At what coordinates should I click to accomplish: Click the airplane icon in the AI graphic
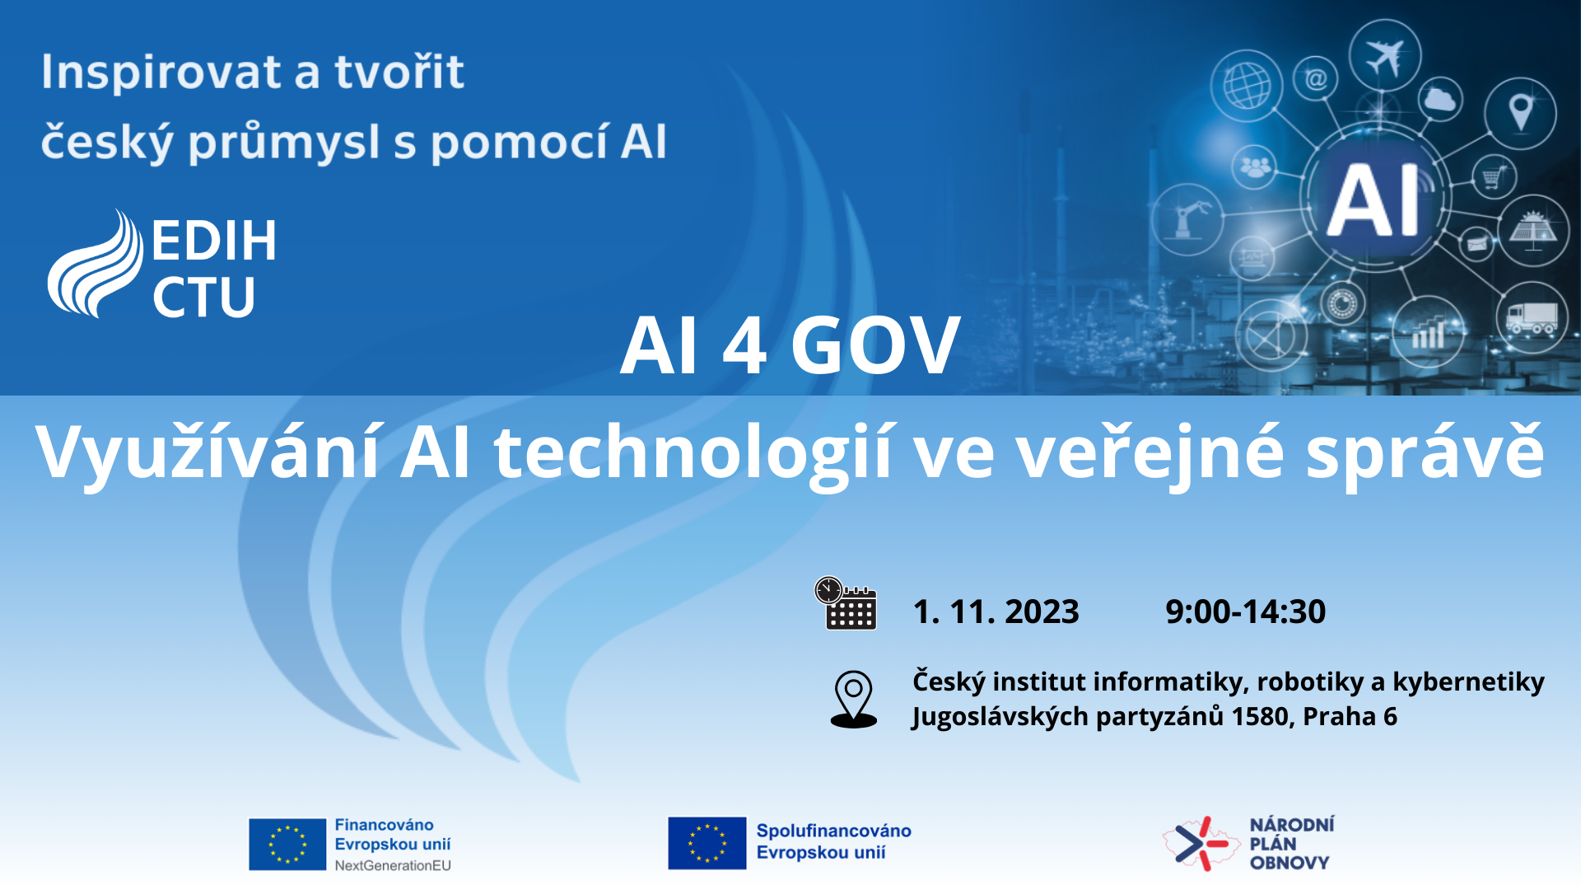(x=1384, y=57)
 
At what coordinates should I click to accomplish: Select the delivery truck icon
(x=1532, y=317)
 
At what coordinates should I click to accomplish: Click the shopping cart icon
(x=1494, y=176)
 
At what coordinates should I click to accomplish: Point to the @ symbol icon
(x=1316, y=79)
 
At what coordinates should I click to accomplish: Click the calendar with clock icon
(x=846, y=603)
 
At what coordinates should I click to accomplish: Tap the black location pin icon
(x=854, y=699)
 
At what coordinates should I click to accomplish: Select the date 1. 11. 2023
(x=996, y=611)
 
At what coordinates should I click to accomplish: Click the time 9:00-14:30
(x=1245, y=611)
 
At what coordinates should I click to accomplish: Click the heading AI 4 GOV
(x=790, y=345)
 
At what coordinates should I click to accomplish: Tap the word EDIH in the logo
(x=214, y=241)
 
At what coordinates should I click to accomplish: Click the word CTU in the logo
(x=203, y=297)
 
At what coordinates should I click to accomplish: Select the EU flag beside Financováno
(x=287, y=844)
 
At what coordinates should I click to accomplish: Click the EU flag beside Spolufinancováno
(x=707, y=843)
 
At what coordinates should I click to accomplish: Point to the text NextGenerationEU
(x=393, y=865)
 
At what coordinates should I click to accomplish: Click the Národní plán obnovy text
(x=1291, y=844)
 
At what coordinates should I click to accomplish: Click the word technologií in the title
(x=693, y=452)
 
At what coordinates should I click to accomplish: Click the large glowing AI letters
(x=1373, y=200)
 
